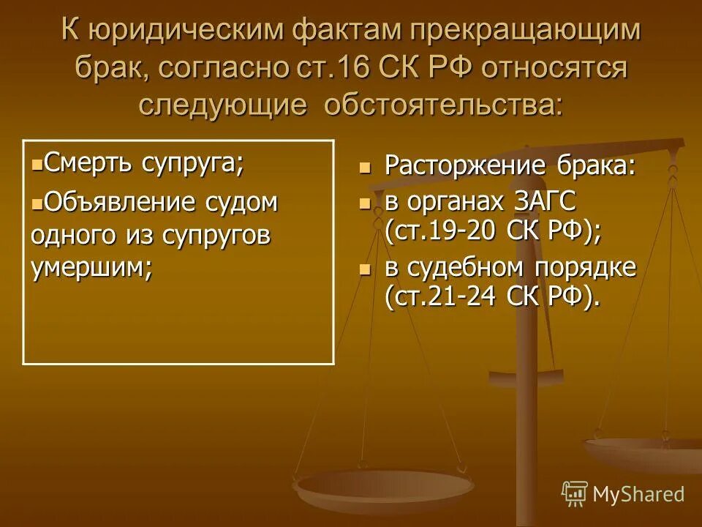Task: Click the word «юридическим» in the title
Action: tap(187, 31)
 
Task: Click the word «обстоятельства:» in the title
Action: tap(444, 104)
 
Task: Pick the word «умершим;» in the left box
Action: tap(92, 268)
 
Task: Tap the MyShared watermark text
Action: tap(638, 494)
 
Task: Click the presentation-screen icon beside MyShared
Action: tap(575, 494)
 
